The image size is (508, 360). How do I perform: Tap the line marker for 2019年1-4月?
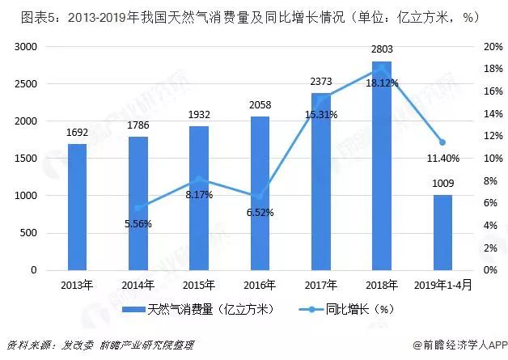tap(442, 142)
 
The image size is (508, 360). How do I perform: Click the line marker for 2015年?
tap(199, 179)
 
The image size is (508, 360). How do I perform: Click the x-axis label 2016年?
tap(260, 284)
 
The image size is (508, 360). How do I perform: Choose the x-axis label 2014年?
tap(138, 284)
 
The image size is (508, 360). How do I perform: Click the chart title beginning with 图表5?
tap(242, 15)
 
